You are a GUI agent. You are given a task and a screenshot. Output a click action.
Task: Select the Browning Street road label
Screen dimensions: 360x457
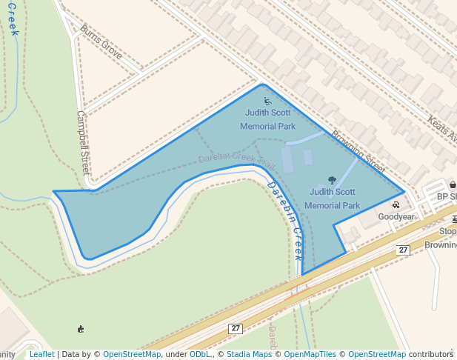point(359,151)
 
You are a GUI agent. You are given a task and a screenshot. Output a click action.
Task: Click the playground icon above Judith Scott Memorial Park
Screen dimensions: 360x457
point(267,100)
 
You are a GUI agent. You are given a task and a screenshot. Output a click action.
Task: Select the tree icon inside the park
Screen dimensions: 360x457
point(331,179)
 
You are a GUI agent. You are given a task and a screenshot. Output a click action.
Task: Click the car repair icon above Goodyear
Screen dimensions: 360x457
point(396,204)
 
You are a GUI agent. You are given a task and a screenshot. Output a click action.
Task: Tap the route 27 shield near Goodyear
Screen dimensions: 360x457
point(403,250)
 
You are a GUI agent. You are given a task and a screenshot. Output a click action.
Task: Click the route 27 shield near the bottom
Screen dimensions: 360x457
point(236,328)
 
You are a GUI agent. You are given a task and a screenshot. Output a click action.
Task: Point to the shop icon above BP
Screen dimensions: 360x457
point(452,184)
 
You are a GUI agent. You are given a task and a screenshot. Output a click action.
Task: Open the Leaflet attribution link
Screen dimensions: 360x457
point(41,354)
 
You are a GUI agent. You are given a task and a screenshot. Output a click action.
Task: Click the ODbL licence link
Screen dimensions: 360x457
point(200,354)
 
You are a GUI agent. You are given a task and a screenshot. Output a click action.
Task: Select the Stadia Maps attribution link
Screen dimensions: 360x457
point(249,354)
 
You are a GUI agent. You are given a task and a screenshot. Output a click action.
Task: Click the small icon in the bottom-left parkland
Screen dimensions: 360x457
point(80,329)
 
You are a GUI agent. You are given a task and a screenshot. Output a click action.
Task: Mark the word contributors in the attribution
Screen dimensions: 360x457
point(431,354)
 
